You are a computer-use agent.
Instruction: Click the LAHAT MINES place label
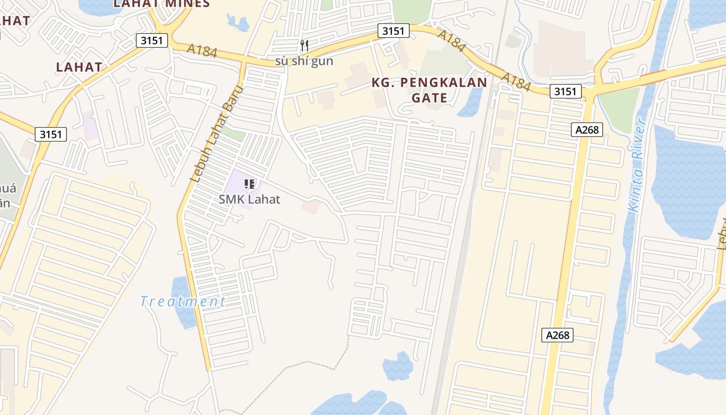161,4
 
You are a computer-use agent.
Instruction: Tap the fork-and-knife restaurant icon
304,46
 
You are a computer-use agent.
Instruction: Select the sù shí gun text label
304,61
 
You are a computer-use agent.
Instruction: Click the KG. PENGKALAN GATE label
429,90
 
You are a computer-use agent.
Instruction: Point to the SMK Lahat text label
249,199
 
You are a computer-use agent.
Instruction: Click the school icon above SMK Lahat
249,184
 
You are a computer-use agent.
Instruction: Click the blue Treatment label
183,301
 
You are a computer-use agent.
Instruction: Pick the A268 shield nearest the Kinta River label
588,130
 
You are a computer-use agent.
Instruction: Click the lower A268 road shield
558,335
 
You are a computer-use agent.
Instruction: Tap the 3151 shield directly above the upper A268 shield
565,92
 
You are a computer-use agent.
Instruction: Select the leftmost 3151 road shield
51,134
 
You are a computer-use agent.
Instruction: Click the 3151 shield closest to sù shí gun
393,31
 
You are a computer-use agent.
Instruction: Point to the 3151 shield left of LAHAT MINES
152,40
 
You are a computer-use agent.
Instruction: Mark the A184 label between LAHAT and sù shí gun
202,51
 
